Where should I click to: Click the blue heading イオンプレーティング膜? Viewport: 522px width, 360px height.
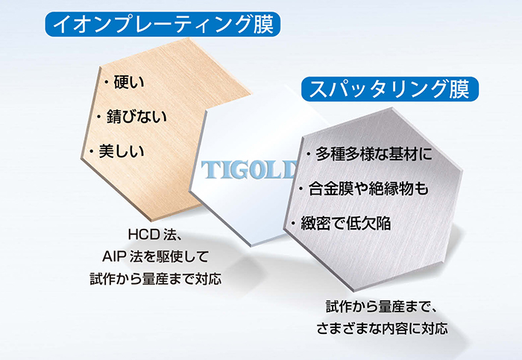[x=163, y=25]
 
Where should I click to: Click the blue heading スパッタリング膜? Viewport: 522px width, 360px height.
[x=390, y=89]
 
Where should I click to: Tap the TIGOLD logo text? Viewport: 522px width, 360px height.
[x=249, y=170]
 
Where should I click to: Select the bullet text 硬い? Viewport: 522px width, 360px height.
[x=129, y=82]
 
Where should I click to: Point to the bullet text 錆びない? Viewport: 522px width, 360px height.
[x=136, y=116]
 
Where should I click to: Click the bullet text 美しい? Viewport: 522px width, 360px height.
[x=122, y=151]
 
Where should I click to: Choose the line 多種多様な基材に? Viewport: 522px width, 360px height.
[x=374, y=154]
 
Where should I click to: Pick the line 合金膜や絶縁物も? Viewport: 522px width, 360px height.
[x=368, y=189]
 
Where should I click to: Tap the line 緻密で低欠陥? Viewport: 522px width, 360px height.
[x=345, y=224]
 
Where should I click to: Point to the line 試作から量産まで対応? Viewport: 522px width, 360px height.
[x=155, y=279]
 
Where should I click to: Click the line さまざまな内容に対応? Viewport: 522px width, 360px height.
[x=382, y=329]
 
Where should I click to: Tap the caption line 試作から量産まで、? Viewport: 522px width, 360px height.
[x=381, y=306]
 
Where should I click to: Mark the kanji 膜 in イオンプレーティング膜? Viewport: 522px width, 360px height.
[x=264, y=25]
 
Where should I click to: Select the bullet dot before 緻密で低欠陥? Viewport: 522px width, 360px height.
[x=293, y=224]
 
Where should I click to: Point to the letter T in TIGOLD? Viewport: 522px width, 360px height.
[x=209, y=170]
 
